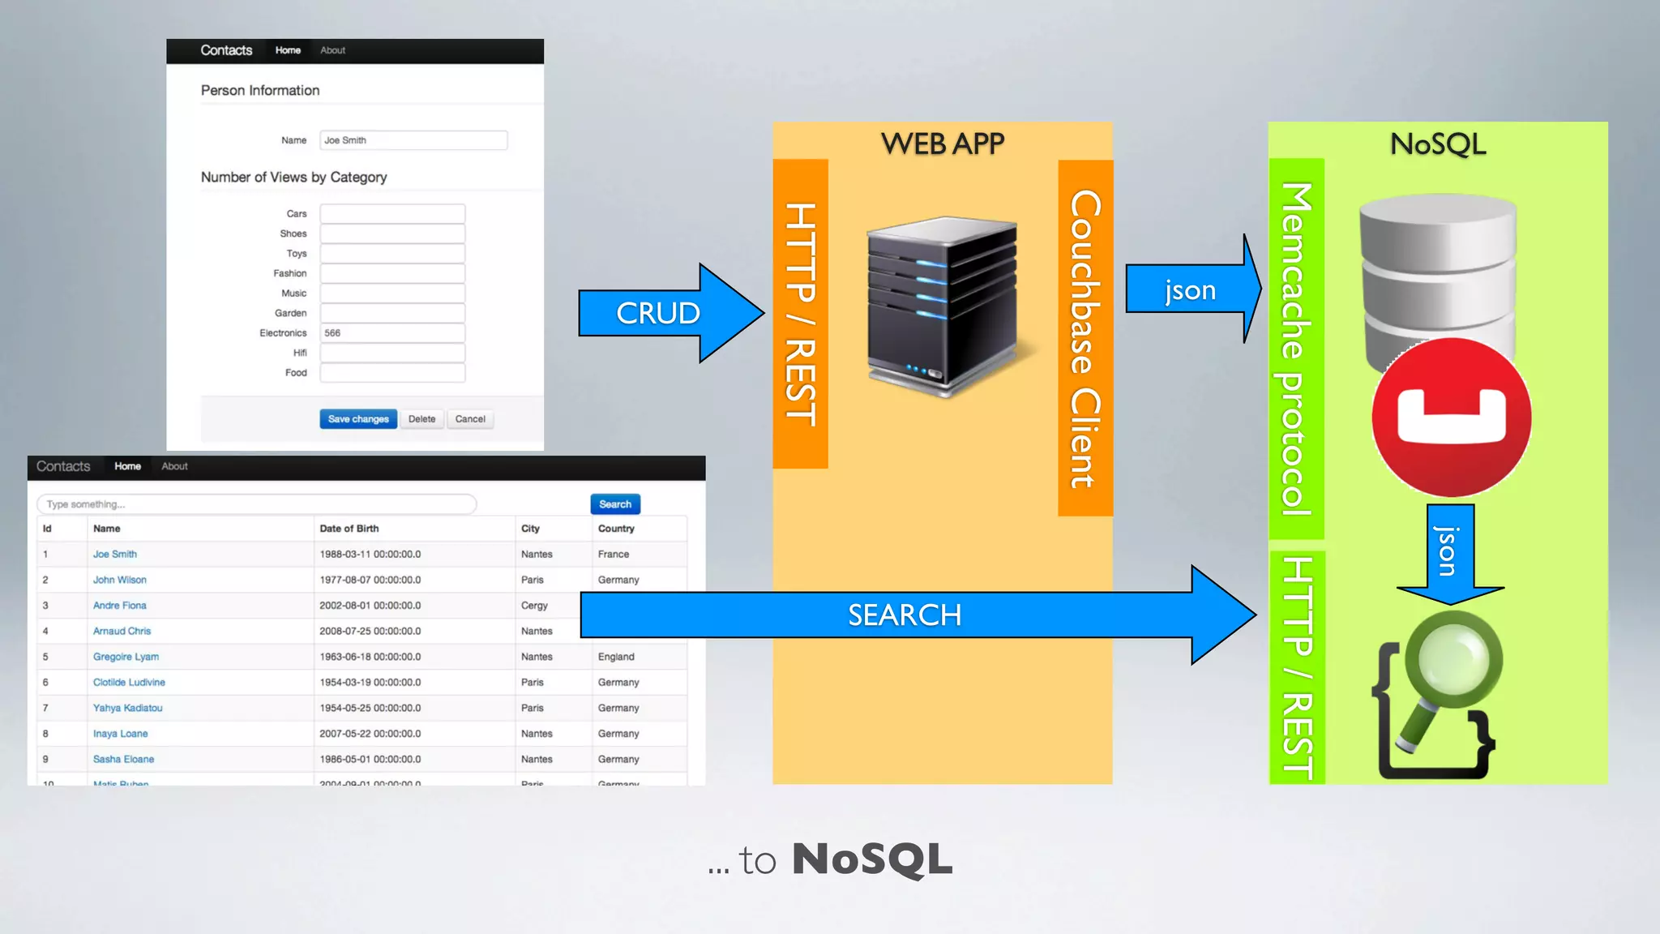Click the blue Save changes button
point(358,419)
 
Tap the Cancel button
point(470,419)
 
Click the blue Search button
point(615,504)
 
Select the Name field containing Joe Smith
point(413,140)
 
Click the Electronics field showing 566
point(392,333)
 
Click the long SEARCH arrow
point(904,615)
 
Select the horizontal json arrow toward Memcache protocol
point(1190,289)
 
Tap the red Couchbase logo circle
point(1451,418)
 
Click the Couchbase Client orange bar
point(1085,338)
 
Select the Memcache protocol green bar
point(1296,349)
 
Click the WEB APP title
point(942,144)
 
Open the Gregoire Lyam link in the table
point(126,657)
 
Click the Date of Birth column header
point(349,529)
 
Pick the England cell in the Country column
point(616,657)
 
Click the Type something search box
point(256,504)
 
